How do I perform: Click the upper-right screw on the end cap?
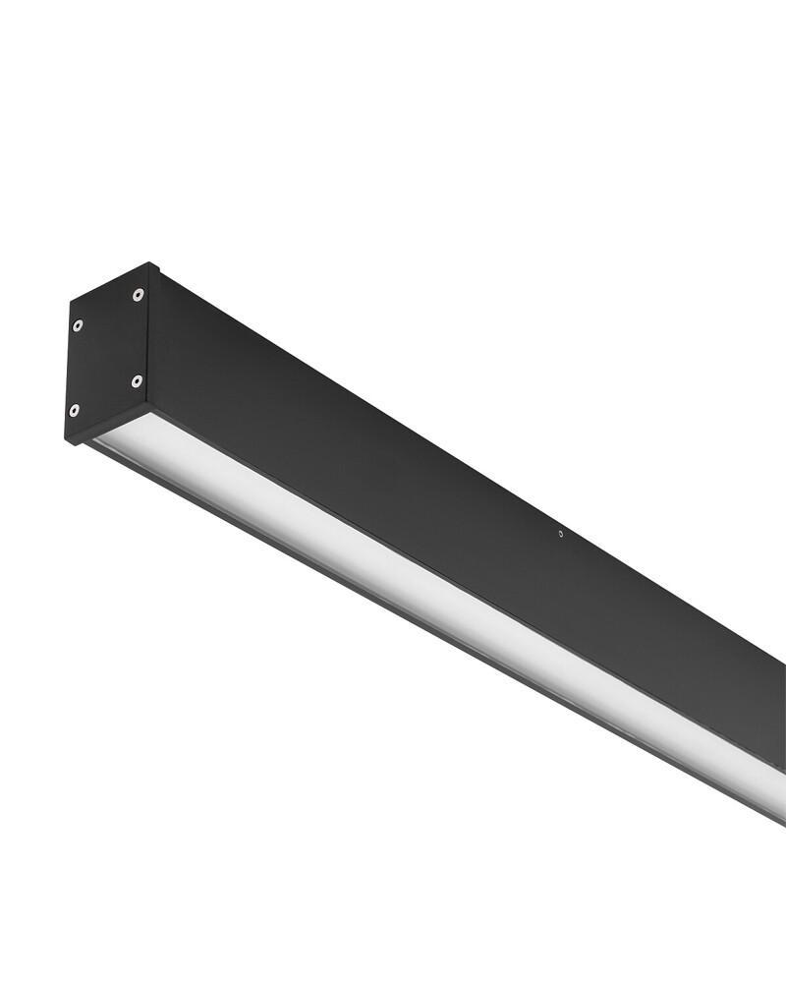[138, 294]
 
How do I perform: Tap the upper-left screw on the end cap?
[77, 325]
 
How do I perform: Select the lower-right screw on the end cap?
[137, 380]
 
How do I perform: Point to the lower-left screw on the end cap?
[74, 410]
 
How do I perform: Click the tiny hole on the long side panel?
[561, 534]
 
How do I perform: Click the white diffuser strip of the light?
[442, 590]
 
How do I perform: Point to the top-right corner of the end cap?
[150, 263]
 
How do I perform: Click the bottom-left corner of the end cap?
[67, 441]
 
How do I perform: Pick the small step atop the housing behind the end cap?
[156, 270]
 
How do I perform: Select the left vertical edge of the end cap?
[68, 374]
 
